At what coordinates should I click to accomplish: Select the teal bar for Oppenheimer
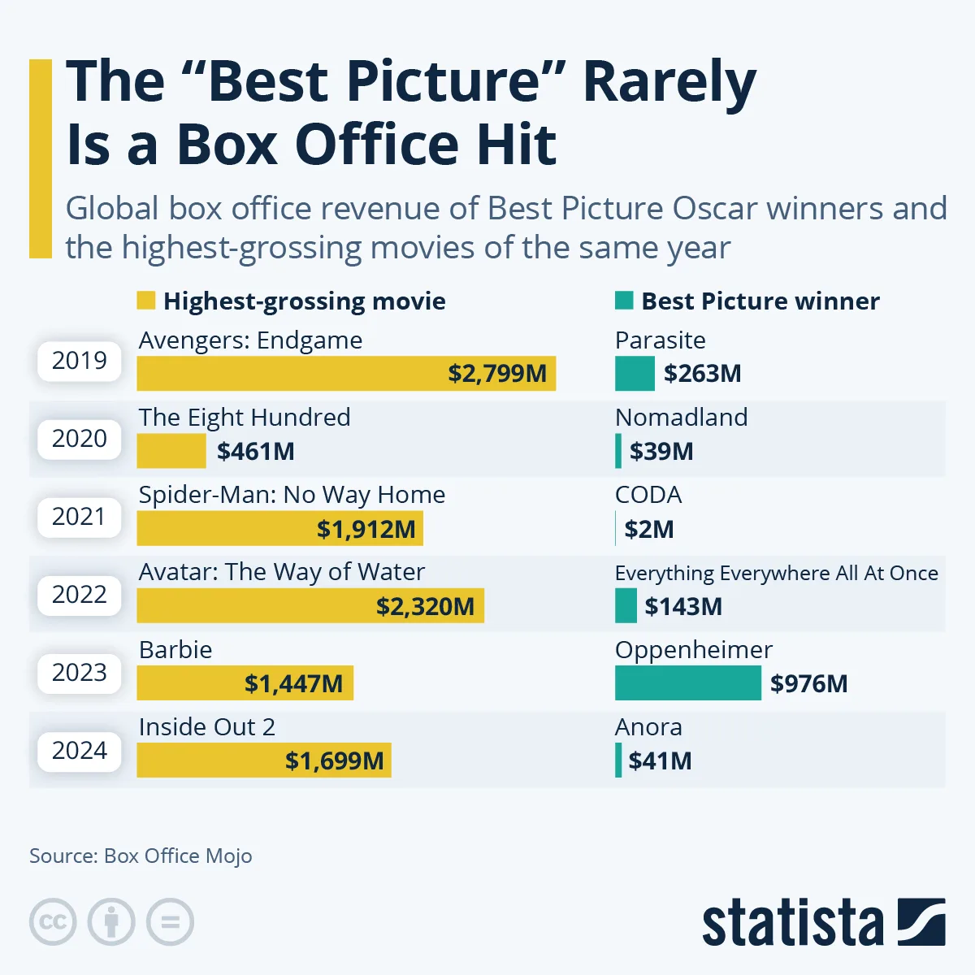tap(687, 683)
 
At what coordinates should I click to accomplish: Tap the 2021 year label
tap(79, 517)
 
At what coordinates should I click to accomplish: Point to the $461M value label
tap(255, 452)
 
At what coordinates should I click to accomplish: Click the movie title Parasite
tap(660, 340)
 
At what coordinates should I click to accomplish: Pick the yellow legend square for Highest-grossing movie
tap(145, 301)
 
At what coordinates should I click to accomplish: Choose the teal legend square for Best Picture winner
tap(624, 301)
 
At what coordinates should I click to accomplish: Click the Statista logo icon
tap(921, 922)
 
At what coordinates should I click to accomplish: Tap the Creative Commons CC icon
tap(53, 922)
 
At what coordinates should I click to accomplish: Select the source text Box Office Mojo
tap(178, 856)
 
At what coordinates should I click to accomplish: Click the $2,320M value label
tap(425, 607)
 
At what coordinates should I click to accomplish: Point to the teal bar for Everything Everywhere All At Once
tap(626, 606)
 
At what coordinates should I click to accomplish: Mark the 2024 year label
tap(79, 751)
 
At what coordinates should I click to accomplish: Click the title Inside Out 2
tap(207, 727)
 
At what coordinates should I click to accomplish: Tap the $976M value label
tap(808, 684)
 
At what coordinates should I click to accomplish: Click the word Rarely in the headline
tap(669, 82)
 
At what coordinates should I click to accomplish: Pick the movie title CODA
tap(648, 495)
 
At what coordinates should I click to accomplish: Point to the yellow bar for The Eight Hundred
tap(171, 451)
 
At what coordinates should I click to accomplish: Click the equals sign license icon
tap(170, 922)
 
